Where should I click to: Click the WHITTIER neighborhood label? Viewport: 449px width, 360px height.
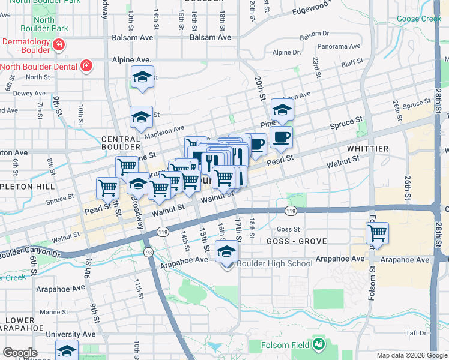point(367,148)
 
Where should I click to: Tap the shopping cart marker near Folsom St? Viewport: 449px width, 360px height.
point(377,232)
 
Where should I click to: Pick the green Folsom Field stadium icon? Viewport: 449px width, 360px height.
point(318,344)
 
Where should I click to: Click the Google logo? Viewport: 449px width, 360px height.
point(20,353)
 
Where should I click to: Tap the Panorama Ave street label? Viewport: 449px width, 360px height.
point(339,46)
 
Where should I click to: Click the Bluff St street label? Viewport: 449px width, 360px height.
point(352,62)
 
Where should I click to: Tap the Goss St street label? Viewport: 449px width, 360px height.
point(289,229)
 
